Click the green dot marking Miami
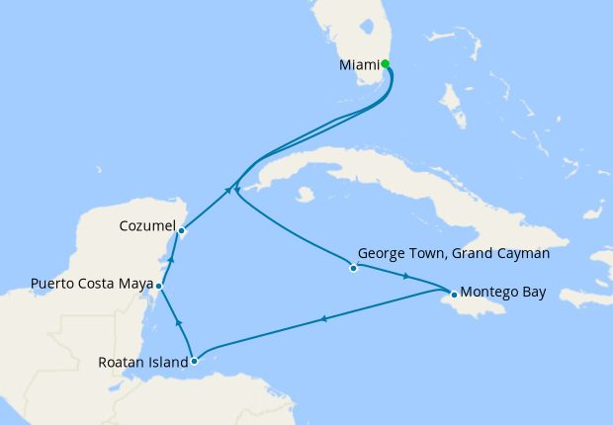pyautogui.click(x=386, y=64)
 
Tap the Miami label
pyautogui.click(x=359, y=65)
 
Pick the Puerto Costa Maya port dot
pyautogui.click(x=160, y=287)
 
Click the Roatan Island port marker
pyautogui.click(x=194, y=361)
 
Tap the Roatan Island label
pyautogui.click(x=143, y=363)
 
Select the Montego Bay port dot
pyautogui.click(x=453, y=294)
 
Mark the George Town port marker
pyautogui.click(x=353, y=267)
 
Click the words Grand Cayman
pyautogui.click(x=498, y=253)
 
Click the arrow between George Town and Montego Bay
pyautogui.click(x=407, y=276)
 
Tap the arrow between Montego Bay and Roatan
pyautogui.click(x=323, y=318)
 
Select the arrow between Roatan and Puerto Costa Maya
pyautogui.click(x=178, y=322)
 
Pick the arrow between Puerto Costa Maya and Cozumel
pyautogui.click(x=170, y=260)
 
